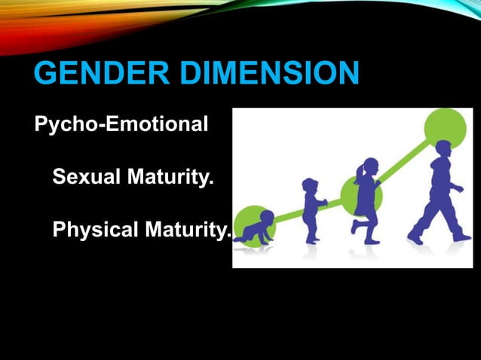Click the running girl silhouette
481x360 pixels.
click(x=367, y=200)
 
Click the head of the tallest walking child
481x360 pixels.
click(x=443, y=149)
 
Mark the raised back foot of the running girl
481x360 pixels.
click(x=354, y=225)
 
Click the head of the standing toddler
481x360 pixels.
click(x=310, y=185)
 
